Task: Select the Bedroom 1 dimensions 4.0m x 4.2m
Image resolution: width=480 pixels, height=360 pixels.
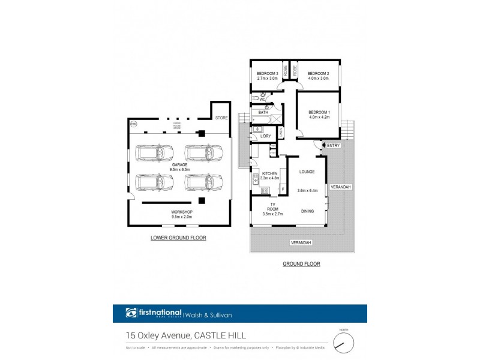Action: pyautogui.click(x=319, y=118)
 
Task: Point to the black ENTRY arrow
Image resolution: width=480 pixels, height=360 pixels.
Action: pyautogui.click(x=323, y=145)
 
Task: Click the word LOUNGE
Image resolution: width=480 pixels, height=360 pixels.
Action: pyautogui.click(x=307, y=172)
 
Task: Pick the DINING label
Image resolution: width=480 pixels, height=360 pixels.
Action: pyautogui.click(x=307, y=211)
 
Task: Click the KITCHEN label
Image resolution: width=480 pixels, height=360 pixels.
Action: pyautogui.click(x=269, y=173)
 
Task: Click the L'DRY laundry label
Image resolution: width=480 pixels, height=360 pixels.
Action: pyautogui.click(x=265, y=136)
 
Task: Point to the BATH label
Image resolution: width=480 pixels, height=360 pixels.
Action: pyautogui.click(x=263, y=112)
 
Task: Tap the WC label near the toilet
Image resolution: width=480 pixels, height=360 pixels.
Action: pyautogui.click(x=262, y=99)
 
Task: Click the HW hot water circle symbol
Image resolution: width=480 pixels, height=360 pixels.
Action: pyautogui.click(x=133, y=124)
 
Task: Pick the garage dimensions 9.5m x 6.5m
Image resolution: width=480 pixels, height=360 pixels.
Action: pyautogui.click(x=179, y=170)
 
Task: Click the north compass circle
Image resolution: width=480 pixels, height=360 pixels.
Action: pyautogui.click(x=344, y=343)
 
